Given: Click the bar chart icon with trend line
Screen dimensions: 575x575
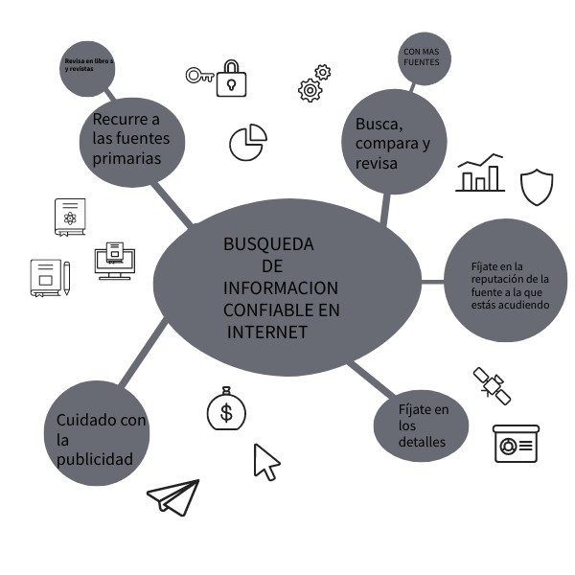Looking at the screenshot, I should (x=479, y=173).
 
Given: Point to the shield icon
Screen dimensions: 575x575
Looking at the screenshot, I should (x=537, y=186).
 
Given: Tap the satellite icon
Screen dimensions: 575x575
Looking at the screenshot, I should (x=491, y=384).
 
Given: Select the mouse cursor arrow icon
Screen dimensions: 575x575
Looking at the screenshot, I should (x=265, y=461).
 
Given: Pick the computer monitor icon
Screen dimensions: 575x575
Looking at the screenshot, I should (x=114, y=260).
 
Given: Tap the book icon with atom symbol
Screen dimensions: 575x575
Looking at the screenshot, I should (x=70, y=218).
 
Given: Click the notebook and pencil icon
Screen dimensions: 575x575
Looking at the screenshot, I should (x=49, y=277).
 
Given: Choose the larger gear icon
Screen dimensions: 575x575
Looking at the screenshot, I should (x=310, y=90).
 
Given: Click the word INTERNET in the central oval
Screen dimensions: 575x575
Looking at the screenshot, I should (x=268, y=333).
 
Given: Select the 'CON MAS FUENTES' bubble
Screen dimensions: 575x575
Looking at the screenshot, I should (x=422, y=57).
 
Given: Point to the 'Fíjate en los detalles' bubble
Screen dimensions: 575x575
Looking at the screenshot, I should (x=422, y=425).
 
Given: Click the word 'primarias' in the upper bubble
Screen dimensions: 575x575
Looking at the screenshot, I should (x=126, y=159).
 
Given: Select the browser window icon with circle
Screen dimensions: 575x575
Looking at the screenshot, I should (x=516, y=444).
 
